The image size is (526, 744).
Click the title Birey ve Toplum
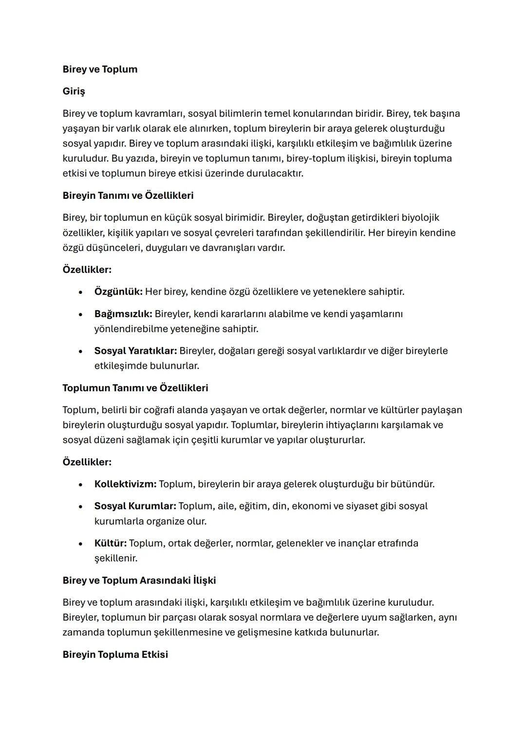pyautogui.click(x=100, y=69)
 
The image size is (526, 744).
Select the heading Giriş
pyautogui.click(x=74, y=91)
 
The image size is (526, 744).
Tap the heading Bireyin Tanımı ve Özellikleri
pyautogui.click(x=128, y=195)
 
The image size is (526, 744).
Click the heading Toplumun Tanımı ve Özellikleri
pyautogui.click(x=135, y=388)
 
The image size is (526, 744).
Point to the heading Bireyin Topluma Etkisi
pyautogui.click(x=115, y=654)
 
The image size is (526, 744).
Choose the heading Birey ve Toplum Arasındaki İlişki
pyautogui.click(x=139, y=580)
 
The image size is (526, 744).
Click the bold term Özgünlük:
pyautogui.click(x=118, y=292)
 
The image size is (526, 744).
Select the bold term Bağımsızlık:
pyautogui.click(x=123, y=314)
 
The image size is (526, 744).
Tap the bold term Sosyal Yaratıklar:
pyautogui.click(x=135, y=351)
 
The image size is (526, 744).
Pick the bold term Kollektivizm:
pyautogui.click(x=125, y=484)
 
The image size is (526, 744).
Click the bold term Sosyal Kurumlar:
pyautogui.click(x=135, y=506)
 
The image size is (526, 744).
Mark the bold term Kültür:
pyautogui.click(x=110, y=543)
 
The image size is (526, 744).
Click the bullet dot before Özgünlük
pyautogui.click(x=80, y=292)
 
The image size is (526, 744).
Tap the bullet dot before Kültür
pyautogui.click(x=80, y=544)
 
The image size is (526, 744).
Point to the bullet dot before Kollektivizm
pyautogui.click(x=80, y=485)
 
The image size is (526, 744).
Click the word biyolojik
pyautogui.click(x=420, y=218)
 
